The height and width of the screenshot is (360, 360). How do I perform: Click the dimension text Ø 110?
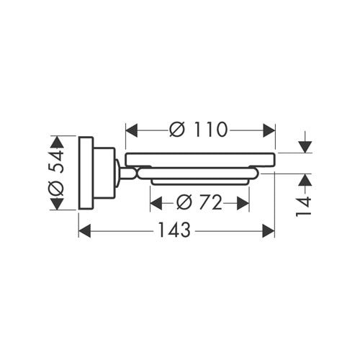click(x=198, y=130)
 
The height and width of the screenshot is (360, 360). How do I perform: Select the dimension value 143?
click(x=174, y=230)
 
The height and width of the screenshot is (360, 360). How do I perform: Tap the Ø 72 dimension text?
click(x=199, y=202)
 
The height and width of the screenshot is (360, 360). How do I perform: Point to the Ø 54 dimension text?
click(x=57, y=173)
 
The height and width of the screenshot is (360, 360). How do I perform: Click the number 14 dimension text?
click(x=303, y=207)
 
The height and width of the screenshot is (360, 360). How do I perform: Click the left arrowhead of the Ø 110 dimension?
click(x=132, y=130)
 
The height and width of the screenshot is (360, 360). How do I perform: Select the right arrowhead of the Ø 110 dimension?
click(x=269, y=130)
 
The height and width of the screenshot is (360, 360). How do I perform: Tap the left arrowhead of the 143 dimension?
click(x=85, y=231)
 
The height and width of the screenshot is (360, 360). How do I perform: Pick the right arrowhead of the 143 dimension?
click(x=269, y=231)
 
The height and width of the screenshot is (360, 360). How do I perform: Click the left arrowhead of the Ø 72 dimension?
click(x=156, y=203)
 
